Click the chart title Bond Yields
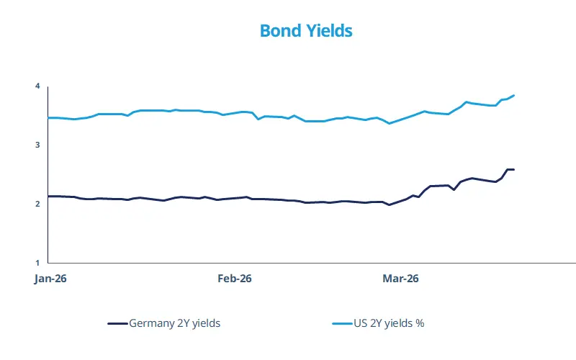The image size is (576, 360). pyautogui.click(x=305, y=31)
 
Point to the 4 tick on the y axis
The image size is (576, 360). pyautogui.click(x=37, y=86)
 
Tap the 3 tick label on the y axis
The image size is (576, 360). pyautogui.click(x=37, y=145)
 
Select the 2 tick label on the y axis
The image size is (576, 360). pyautogui.click(x=37, y=204)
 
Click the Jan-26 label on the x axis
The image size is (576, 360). pyautogui.click(x=50, y=279)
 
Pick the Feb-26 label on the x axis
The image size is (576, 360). pyautogui.click(x=234, y=279)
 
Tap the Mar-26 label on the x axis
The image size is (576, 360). pyautogui.click(x=400, y=279)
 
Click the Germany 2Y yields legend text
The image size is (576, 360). pyautogui.click(x=174, y=323)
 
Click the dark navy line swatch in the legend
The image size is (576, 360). pyautogui.click(x=117, y=324)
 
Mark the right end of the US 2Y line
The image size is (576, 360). pyautogui.click(x=514, y=95)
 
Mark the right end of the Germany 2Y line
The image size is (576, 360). pyautogui.click(x=514, y=169)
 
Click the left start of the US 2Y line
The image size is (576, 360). pyautogui.click(x=48, y=117)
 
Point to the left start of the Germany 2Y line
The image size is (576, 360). pyautogui.click(x=48, y=196)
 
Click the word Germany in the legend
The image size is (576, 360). pyautogui.click(x=149, y=323)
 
